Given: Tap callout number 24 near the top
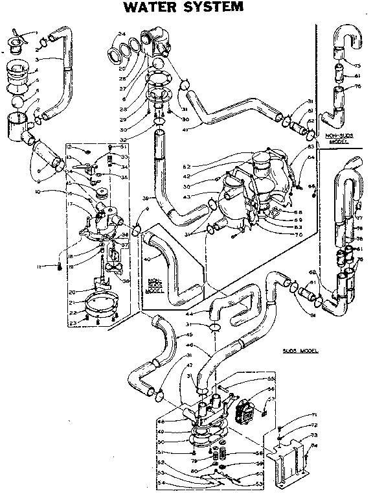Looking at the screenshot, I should pos(121,34).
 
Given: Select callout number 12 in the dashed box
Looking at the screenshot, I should pos(69,148).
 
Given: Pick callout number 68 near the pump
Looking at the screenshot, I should pos(280,213).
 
